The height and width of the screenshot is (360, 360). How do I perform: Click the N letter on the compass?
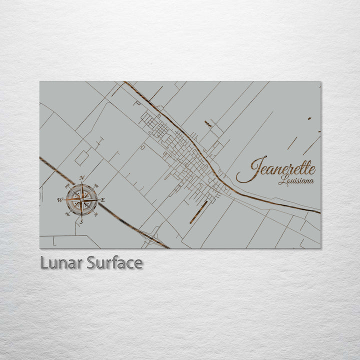(x=81, y=178)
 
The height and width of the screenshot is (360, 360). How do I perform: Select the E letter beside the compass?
(x=103, y=200)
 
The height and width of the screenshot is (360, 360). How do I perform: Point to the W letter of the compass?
(x=60, y=200)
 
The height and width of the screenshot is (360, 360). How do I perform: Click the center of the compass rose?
(x=81, y=200)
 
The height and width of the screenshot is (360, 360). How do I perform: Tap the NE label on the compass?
(x=96, y=185)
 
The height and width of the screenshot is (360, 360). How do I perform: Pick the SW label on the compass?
(x=67, y=215)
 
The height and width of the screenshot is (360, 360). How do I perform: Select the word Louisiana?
(x=296, y=180)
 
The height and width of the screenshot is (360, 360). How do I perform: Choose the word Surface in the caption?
(x=114, y=262)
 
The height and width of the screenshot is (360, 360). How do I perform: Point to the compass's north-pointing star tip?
(x=81, y=184)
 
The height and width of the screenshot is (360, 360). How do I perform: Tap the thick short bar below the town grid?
(x=198, y=212)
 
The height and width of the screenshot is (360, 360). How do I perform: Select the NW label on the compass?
(x=67, y=185)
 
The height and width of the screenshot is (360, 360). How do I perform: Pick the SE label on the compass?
(x=96, y=215)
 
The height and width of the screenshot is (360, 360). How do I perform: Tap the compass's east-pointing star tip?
(x=97, y=200)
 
